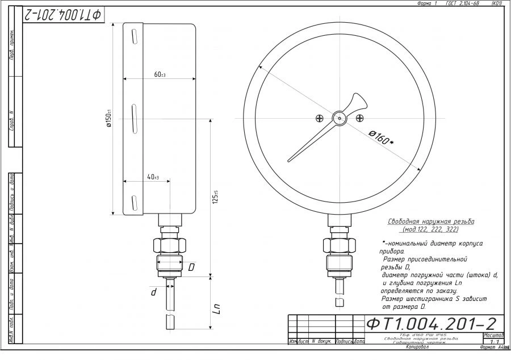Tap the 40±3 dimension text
click(153, 177)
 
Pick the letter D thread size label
click(191, 266)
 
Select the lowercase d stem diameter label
click(153, 292)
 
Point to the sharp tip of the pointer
click(288, 161)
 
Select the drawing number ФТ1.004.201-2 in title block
click(432, 324)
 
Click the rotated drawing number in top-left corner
click(62, 15)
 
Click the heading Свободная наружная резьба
click(430, 221)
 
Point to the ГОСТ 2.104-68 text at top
click(463, 3)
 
